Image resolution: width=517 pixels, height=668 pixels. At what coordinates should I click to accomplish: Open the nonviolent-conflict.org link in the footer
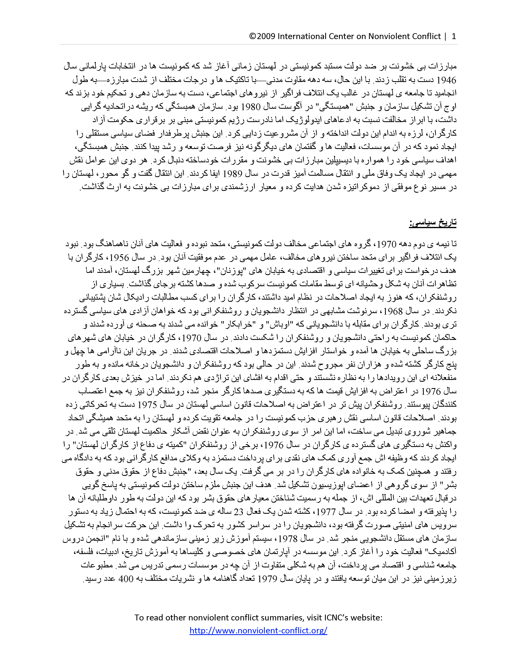pyautogui.click(x=258, y=630)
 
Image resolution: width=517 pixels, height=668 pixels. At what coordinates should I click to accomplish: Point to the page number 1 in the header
pyautogui.click(x=454, y=36)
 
